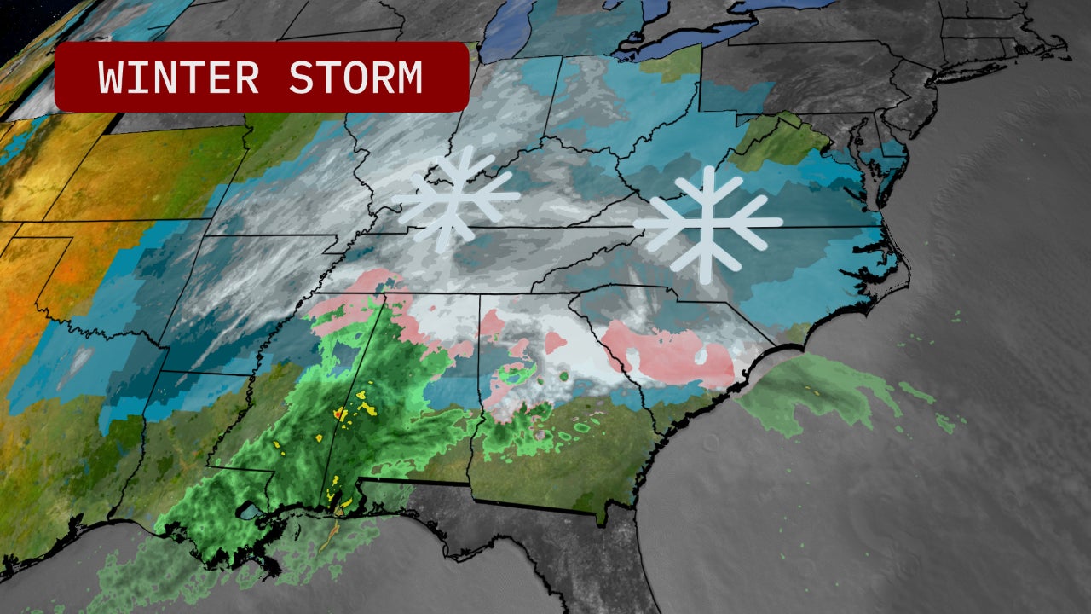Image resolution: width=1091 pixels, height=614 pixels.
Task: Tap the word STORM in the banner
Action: [355, 78]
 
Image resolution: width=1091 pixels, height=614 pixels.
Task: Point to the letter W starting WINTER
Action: [111, 78]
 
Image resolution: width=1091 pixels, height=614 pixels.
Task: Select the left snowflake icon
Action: [454, 199]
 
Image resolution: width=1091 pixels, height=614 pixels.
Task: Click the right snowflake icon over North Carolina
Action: [707, 223]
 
